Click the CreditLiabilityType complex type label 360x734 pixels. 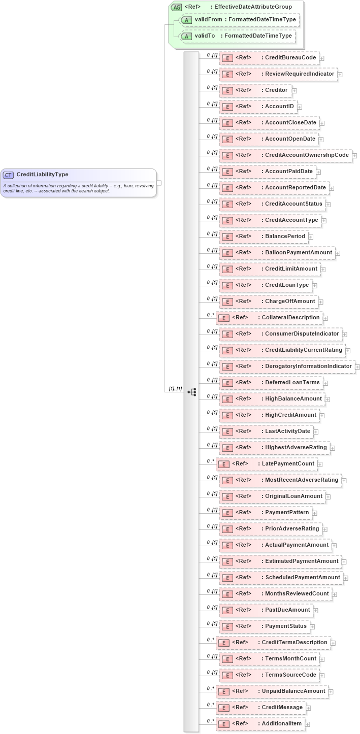(x=42, y=175)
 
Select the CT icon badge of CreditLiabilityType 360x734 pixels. (x=8, y=175)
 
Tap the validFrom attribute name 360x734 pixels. (x=208, y=19)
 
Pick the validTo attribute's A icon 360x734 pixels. (x=187, y=36)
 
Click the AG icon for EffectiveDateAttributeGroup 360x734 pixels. (x=176, y=7)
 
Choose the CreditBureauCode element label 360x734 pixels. (x=290, y=58)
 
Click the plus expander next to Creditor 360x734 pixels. (x=294, y=90)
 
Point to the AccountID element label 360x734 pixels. (x=279, y=107)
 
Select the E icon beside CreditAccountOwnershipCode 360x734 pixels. (x=227, y=155)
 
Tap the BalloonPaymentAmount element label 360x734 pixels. (x=298, y=253)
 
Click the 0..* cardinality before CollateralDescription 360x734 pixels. (x=210, y=315)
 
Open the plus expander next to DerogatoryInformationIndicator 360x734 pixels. (x=357, y=366)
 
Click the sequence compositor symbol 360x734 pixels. (x=191, y=392)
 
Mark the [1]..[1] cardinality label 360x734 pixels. (x=175, y=389)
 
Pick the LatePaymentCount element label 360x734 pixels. (x=288, y=464)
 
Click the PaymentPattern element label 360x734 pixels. (x=287, y=513)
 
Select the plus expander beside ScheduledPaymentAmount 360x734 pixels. (x=346, y=578)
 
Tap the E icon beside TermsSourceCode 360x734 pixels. (x=227, y=675)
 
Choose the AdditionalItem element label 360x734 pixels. (x=281, y=724)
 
